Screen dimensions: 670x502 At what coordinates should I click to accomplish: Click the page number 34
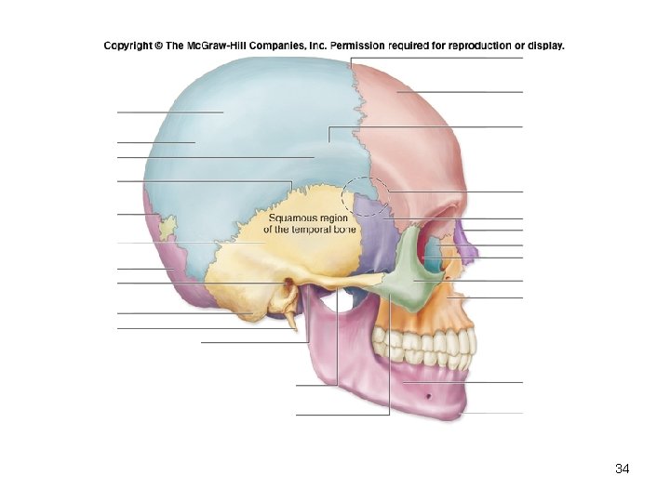click(623, 469)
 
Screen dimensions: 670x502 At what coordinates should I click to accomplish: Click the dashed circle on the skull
click(366, 197)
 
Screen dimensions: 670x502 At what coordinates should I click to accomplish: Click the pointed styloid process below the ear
click(293, 322)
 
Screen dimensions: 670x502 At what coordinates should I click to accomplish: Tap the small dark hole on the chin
click(426, 397)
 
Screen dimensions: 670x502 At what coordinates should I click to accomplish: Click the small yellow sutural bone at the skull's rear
click(167, 226)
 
